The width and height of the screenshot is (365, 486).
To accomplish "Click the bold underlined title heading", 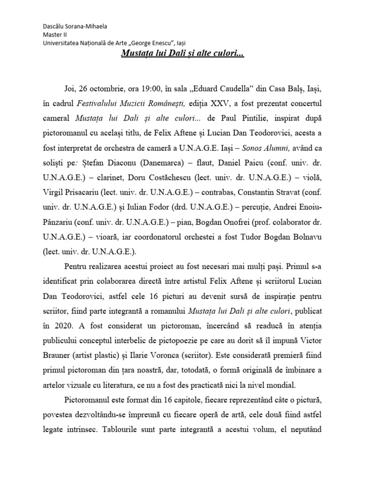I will (x=182, y=55).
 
